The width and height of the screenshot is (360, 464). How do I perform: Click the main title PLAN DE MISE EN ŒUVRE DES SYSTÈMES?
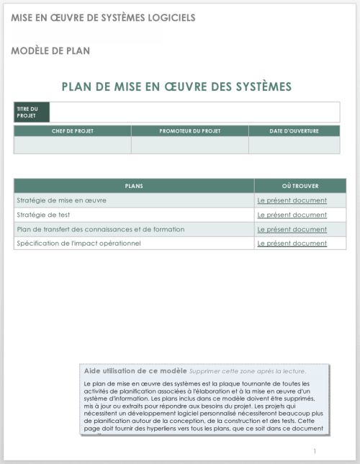[x=176, y=86]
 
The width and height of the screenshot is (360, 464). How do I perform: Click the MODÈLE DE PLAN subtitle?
[x=50, y=51]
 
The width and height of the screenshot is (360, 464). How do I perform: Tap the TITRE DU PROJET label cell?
[x=31, y=112]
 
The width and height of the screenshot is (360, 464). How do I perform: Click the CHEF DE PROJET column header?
[x=72, y=131]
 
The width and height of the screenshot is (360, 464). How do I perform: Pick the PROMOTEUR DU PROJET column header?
[x=190, y=131]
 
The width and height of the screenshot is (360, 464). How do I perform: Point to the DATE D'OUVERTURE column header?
[x=294, y=131]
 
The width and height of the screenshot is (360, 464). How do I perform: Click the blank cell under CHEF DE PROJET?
[x=72, y=145]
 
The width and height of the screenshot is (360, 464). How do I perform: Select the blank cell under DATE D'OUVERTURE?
[x=294, y=145]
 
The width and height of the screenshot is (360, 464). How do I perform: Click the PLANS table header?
[x=134, y=186]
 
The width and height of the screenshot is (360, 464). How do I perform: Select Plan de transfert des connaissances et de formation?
[x=100, y=229]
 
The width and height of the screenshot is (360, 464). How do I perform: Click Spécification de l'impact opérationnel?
[x=78, y=244]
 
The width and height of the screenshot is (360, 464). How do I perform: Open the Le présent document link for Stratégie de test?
[x=292, y=215]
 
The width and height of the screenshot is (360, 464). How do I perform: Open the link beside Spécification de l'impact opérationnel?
[x=292, y=244]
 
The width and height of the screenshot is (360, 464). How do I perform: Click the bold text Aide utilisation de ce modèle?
[x=135, y=370]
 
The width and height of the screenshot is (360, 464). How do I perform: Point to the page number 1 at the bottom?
[x=315, y=451]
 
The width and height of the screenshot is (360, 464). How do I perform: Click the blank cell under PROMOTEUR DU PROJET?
[x=190, y=145]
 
